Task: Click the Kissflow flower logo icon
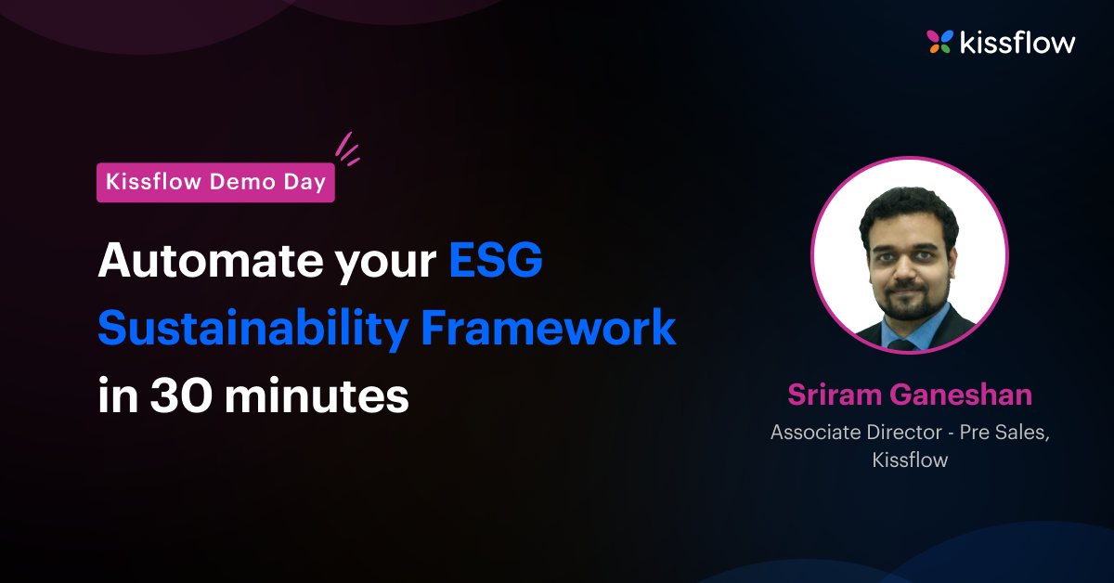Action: (939, 41)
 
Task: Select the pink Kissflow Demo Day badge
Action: (215, 182)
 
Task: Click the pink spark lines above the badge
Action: (346, 149)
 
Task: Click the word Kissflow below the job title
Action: (910, 460)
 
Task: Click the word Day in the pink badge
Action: (306, 182)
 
